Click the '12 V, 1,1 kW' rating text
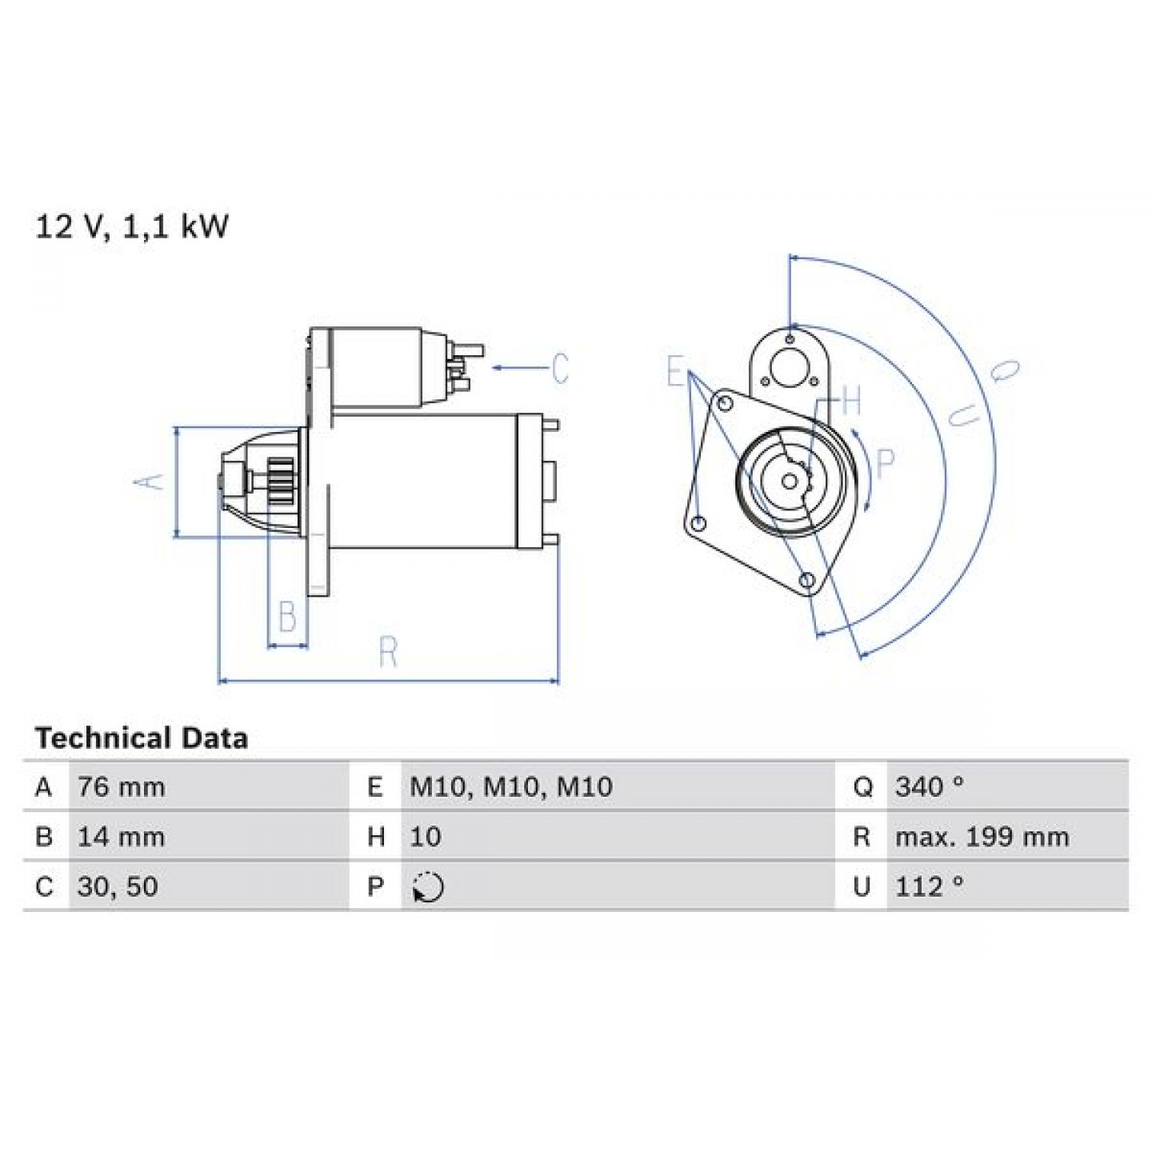132,228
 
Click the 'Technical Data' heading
142,738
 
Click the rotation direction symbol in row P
428,886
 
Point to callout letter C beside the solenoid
560,368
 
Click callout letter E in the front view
675,371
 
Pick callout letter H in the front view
851,400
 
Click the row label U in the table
862,886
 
